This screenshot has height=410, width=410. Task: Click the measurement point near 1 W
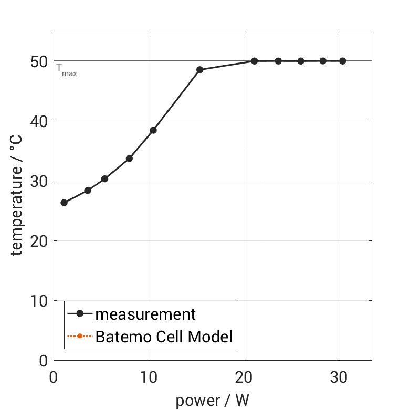pos(64,203)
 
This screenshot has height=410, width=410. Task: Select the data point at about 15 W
pos(199,70)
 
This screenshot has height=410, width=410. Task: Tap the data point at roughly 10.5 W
pos(153,130)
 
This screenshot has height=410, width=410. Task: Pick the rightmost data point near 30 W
pos(343,61)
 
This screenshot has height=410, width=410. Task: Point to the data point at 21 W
pos(254,61)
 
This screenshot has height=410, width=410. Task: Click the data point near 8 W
pos(129,159)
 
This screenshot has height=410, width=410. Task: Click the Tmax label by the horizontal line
pos(67,70)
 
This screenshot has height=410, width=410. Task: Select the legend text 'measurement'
pos(145,314)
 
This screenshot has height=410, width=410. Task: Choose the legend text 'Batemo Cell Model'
pos(163,336)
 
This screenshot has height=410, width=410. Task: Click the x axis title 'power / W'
pos(212,401)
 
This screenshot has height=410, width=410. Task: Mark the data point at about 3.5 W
pos(88,191)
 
